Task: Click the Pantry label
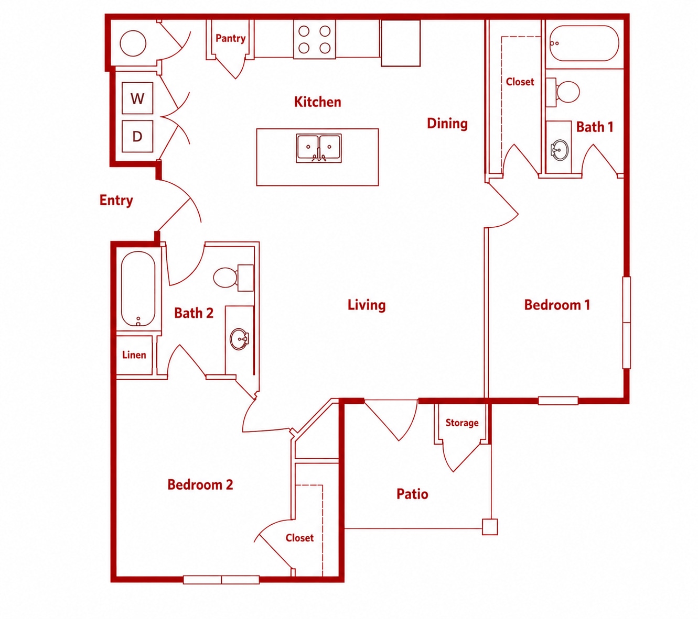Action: [x=231, y=38]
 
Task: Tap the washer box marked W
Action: [x=137, y=98]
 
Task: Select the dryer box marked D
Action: [x=137, y=136]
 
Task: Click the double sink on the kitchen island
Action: [x=319, y=148]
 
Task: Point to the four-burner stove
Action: [x=315, y=39]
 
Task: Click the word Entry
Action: [x=116, y=200]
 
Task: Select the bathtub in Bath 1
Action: [x=584, y=43]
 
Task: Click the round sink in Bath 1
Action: [x=560, y=150]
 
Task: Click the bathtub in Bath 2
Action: [x=138, y=289]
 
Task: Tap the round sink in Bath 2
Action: [x=239, y=339]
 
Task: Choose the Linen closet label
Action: [x=134, y=355]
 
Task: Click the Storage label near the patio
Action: [x=462, y=423]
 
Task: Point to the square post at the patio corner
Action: [x=490, y=527]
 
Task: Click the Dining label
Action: [x=447, y=124]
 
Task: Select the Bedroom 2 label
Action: [x=200, y=484]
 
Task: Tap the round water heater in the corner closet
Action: [x=133, y=43]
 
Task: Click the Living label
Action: [x=367, y=305]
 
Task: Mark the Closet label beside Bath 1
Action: [x=520, y=82]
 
